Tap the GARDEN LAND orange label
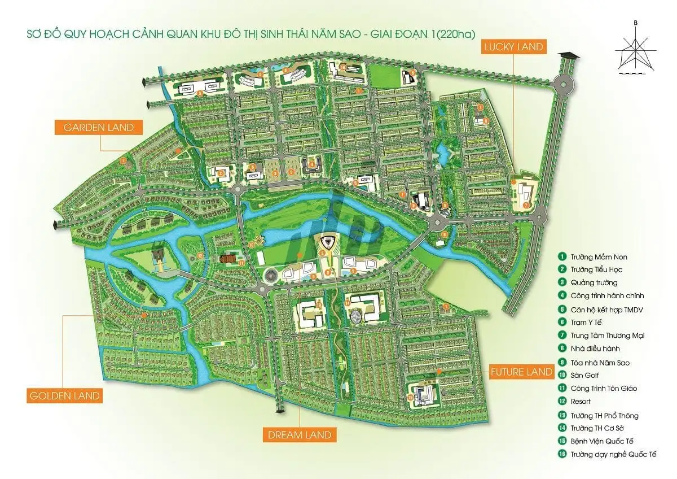[98, 127]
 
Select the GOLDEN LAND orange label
[64, 395]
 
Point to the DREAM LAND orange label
[300, 435]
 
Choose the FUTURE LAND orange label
[521, 372]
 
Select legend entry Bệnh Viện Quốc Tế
[600, 441]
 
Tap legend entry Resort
[581, 402]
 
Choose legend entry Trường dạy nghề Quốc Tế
[612, 454]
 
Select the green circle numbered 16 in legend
[562, 454]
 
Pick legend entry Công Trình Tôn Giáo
[604, 388]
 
